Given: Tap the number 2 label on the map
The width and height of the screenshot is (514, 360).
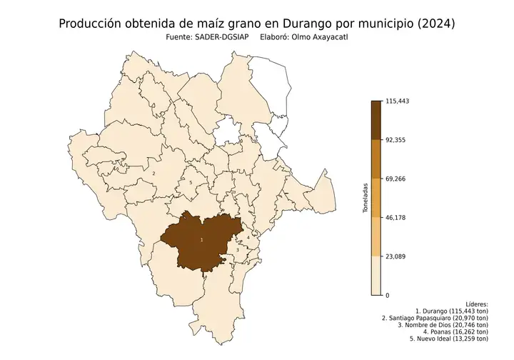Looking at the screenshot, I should point(153,173).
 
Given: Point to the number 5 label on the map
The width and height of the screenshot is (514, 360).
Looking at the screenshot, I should point(191,183).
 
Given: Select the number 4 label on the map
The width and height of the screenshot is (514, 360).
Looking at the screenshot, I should point(248,236).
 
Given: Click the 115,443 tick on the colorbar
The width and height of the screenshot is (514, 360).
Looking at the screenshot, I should point(396,101).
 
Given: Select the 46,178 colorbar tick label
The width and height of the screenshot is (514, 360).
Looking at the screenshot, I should point(395,217).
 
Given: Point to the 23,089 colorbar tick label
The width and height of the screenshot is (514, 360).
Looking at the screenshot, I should point(395,256).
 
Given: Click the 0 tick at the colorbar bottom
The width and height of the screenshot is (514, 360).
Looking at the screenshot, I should point(388,295).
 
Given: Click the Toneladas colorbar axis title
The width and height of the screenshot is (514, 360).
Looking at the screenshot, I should point(366,198).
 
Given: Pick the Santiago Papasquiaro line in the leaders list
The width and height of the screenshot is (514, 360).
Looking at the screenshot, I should point(435,318).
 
